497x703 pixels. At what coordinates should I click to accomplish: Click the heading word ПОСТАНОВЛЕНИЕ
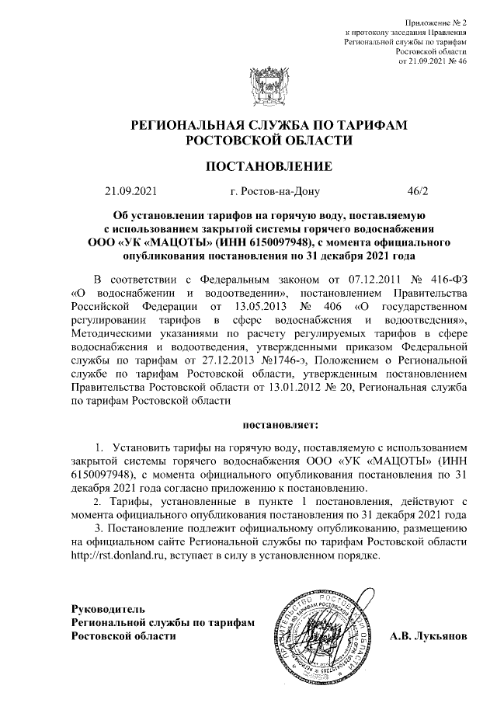(x=268, y=166)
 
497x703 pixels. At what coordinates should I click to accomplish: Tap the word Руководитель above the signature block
(x=107, y=608)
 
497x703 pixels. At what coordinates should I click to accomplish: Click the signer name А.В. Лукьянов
(x=429, y=635)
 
